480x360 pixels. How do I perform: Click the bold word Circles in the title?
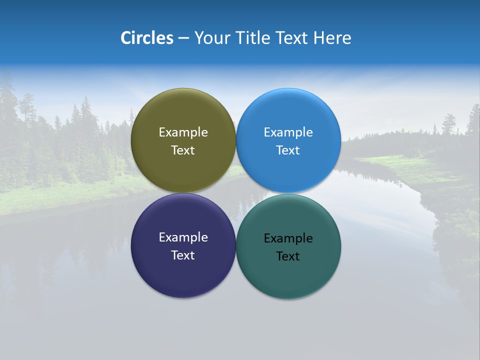(147, 38)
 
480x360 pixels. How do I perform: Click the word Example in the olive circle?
(183, 132)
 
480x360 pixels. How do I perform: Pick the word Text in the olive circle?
(183, 150)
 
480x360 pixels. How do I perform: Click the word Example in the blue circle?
(288, 132)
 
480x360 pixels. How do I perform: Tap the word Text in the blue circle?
(288, 150)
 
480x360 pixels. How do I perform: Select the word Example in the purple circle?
(183, 237)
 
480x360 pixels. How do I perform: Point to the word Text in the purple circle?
(183, 255)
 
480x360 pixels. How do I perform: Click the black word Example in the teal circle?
(288, 238)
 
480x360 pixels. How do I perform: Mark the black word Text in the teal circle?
(288, 256)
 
